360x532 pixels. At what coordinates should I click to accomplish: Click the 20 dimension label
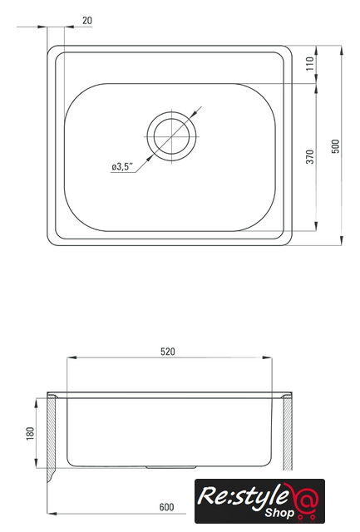pos(87,20)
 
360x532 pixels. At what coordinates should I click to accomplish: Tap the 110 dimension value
pos(310,63)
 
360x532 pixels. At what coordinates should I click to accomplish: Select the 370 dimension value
pos(310,157)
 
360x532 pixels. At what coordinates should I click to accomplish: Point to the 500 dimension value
pos(335,146)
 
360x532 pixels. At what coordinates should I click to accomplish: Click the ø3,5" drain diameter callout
pos(122,166)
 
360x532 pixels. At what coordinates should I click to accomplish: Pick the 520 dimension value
pos(168,352)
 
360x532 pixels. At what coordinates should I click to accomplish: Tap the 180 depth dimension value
pos(30,434)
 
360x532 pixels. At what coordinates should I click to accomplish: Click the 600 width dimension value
pos(166,507)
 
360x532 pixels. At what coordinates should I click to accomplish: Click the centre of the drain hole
pos(172,136)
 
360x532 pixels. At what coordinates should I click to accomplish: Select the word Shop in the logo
pos(279,512)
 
